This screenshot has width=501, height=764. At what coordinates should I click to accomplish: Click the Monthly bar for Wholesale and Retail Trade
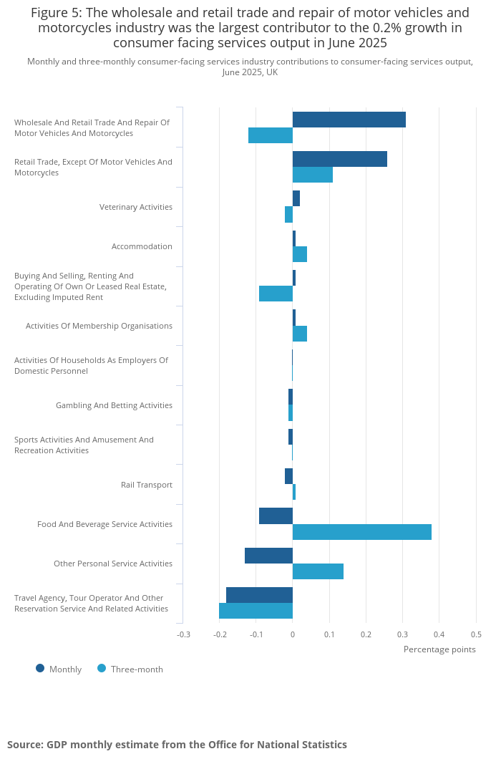point(349,120)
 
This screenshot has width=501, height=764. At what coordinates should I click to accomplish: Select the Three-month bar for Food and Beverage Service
point(362,532)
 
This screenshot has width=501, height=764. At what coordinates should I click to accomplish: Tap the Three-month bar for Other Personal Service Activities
point(318,571)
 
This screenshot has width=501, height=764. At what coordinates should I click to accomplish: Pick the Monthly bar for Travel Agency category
point(259,595)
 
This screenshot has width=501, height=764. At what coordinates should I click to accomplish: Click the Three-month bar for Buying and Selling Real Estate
point(276,294)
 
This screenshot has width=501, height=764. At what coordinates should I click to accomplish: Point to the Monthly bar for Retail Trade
point(340,159)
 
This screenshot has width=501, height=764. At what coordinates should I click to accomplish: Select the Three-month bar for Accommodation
point(300,254)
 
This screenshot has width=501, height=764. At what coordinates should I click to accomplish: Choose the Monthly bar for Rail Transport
point(288,476)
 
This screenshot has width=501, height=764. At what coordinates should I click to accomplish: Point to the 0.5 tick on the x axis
point(476,634)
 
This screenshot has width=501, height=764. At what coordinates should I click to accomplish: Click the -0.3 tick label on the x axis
point(183,634)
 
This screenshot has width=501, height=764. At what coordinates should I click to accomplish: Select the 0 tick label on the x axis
point(293,634)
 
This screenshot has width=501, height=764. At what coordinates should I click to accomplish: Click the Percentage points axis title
point(439,649)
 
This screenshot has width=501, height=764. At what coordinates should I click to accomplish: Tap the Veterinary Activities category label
point(136,207)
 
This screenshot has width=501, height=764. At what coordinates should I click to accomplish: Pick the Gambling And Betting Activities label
point(114,405)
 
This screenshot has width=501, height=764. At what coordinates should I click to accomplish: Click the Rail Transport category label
point(147,485)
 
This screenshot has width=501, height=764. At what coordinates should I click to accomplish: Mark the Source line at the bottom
point(177,745)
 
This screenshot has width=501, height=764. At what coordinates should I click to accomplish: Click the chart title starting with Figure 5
point(250,28)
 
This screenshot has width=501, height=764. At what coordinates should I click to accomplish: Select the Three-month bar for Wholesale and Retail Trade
point(271,135)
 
